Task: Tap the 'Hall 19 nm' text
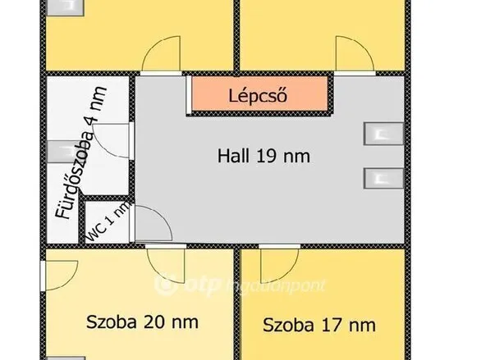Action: (x=263, y=156)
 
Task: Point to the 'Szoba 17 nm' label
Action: (x=318, y=325)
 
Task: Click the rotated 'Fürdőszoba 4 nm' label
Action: (x=77, y=157)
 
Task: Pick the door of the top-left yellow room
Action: (x=163, y=55)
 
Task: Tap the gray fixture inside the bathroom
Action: (x=62, y=149)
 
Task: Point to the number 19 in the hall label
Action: (x=278, y=156)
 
